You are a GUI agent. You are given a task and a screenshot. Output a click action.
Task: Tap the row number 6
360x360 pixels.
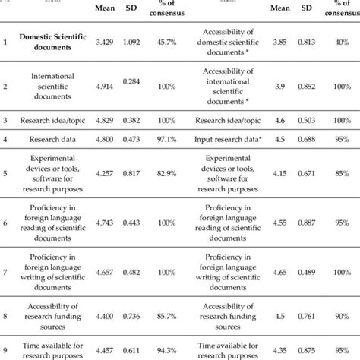(6, 222)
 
